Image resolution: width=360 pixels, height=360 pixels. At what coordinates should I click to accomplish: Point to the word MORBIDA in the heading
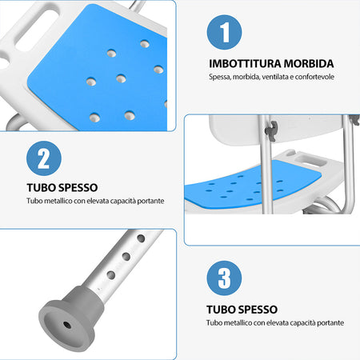(x=307, y=63)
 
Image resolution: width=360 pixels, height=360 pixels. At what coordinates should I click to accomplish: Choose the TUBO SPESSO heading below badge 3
(x=242, y=308)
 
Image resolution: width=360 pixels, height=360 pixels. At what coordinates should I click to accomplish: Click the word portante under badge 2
(x=150, y=202)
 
